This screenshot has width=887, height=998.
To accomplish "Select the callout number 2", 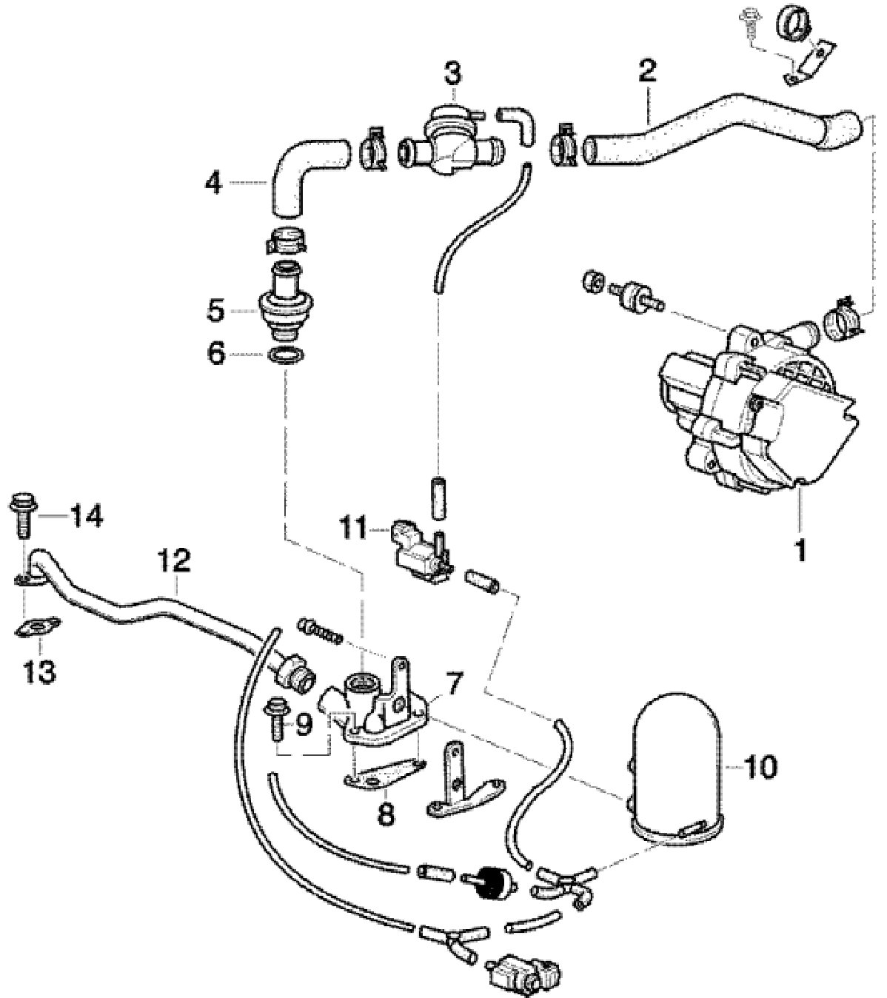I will [x=646, y=72].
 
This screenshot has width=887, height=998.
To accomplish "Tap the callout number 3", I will [x=452, y=73].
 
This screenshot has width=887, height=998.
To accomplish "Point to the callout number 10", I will [x=762, y=766].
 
